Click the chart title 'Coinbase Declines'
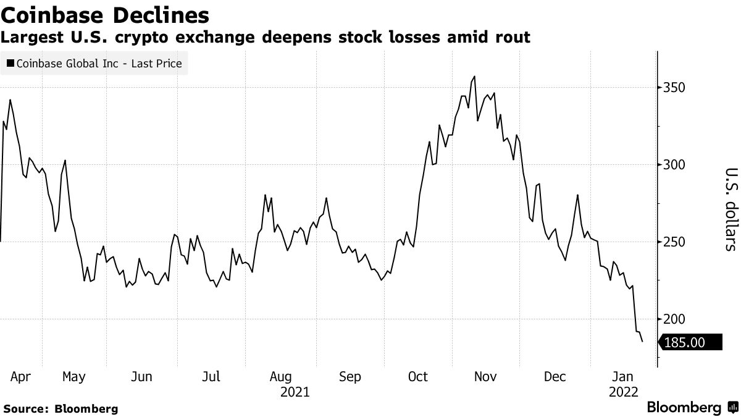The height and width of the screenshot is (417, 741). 105,14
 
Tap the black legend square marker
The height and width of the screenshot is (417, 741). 10,63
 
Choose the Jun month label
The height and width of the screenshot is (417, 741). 142,377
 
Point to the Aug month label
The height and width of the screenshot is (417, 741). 281,377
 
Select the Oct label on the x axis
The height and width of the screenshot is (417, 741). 417,377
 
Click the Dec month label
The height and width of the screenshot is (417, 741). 555,377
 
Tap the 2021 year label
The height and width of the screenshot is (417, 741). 295,392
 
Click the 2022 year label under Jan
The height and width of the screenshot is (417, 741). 624,392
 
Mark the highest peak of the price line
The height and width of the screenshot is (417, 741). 474,77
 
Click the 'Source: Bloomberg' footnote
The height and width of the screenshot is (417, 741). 61,408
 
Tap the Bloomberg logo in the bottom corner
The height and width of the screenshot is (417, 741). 692,408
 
